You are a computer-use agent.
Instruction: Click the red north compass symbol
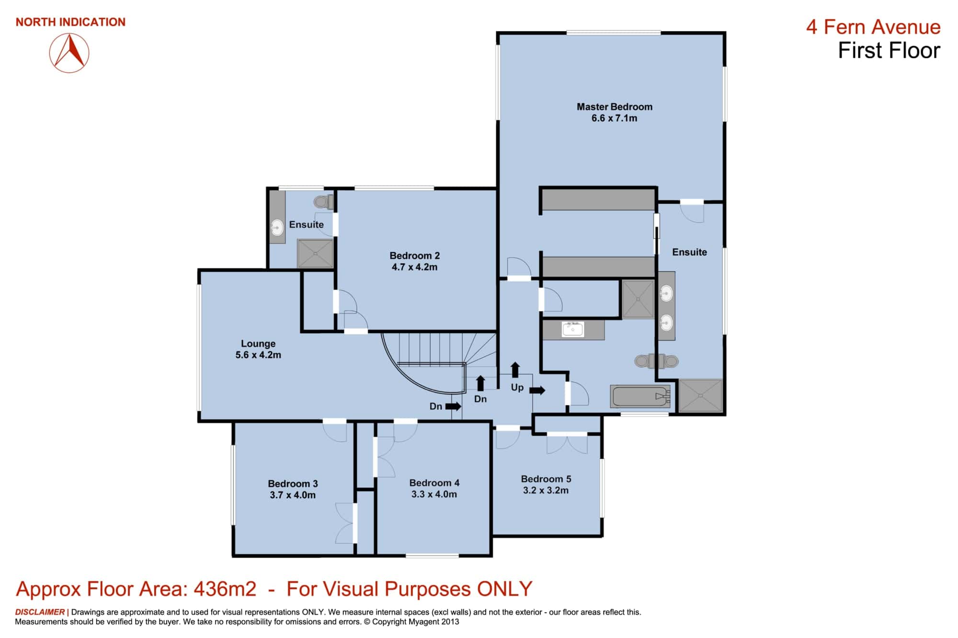tap(69, 53)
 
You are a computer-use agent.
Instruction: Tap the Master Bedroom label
tap(614, 112)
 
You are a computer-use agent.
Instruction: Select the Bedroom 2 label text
tap(414, 261)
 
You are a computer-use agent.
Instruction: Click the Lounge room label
tap(258, 349)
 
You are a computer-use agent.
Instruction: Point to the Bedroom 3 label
tap(293, 489)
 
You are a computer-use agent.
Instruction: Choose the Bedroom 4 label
tap(434, 488)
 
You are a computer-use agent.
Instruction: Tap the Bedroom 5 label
tap(546, 484)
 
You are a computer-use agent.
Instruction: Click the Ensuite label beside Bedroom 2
tap(306, 224)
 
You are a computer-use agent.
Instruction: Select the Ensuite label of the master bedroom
tap(689, 252)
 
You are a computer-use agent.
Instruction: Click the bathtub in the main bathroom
tap(640, 397)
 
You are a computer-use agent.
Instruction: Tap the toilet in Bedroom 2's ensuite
tap(324, 201)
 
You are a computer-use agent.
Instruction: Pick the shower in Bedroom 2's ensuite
tap(315, 253)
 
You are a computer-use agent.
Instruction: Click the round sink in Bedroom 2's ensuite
tap(277, 227)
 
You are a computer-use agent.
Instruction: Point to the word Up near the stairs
tap(517, 388)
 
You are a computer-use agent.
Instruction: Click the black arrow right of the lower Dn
tap(453, 406)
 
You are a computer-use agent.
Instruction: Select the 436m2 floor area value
tap(225, 589)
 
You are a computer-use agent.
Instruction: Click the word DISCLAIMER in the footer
tap(40, 612)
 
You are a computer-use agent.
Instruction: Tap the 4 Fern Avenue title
tap(873, 27)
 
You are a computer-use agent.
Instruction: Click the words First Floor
tap(889, 51)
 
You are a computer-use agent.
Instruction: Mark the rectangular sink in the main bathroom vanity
tap(572, 329)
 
